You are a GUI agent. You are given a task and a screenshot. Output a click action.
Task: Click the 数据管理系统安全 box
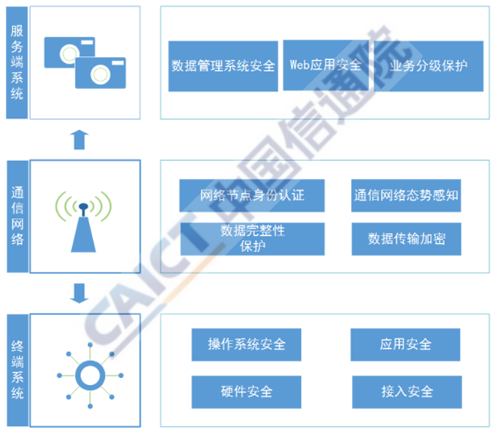(223, 67)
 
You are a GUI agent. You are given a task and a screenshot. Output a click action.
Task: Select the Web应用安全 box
(325, 65)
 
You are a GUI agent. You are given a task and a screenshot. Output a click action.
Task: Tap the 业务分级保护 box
(428, 66)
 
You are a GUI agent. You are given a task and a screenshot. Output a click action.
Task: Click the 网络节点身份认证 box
(251, 195)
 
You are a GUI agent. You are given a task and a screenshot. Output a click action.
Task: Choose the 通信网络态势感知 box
(406, 195)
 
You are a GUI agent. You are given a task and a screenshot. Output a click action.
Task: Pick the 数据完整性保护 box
(251, 238)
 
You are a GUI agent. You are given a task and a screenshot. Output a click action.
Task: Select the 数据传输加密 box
(406, 238)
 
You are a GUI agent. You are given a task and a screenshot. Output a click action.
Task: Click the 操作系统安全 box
(246, 344)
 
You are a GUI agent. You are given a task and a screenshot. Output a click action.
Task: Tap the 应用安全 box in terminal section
(405, 344)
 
